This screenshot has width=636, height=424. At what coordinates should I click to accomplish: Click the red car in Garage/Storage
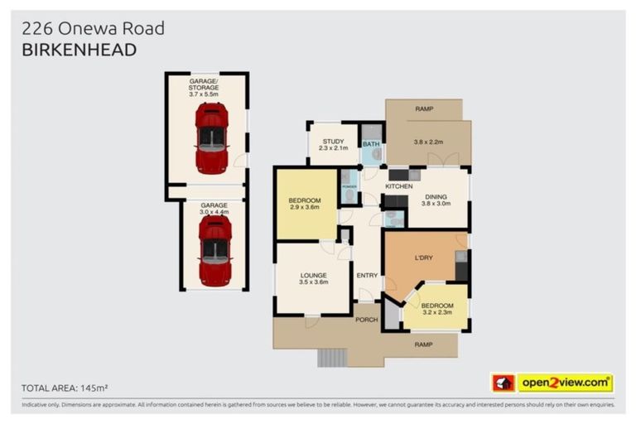click(x=211, y=137)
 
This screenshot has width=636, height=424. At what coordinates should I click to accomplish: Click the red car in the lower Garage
click(x=215, y=251)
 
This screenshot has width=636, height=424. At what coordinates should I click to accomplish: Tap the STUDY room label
click(x=333, y=141)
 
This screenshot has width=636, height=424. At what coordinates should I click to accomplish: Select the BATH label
click(x=372, y=145)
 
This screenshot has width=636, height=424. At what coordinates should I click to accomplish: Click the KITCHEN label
click(x=398, y=186)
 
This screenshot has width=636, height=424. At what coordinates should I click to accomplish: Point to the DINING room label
click(x=436, y=195)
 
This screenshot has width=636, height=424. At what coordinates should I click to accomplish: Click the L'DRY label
click(x=424, y=258)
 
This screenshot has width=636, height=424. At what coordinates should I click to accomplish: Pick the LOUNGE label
click(x=313, y=275)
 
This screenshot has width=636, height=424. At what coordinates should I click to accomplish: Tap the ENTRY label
click(x=366, y=275)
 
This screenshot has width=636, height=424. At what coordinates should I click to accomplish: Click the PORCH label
click(x=366, y=320)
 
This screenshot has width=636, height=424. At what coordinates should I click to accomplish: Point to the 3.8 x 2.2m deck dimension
click(x=429, y=141)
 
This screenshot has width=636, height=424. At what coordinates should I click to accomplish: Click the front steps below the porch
click(x=331, y=357)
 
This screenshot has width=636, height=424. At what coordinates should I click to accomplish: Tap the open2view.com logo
click(x=564, y=383)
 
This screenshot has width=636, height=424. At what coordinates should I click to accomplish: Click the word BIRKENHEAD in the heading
click(x=79, y=50)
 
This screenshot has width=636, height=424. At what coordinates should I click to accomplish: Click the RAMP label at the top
click(x=424, y=108)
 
